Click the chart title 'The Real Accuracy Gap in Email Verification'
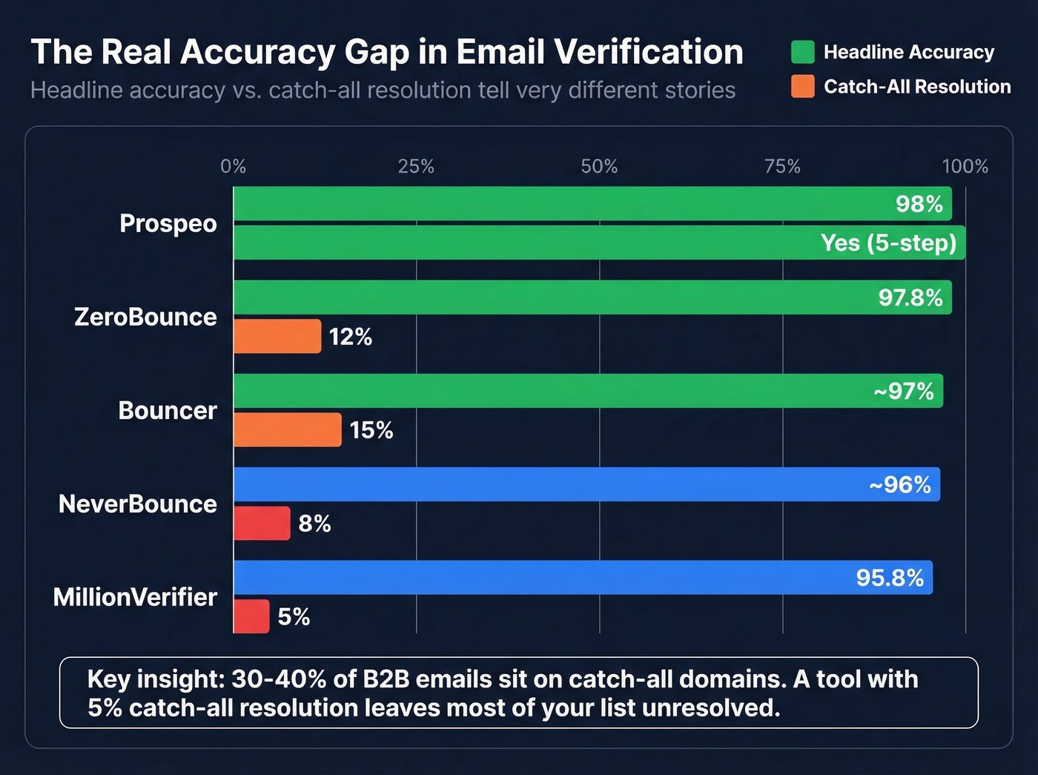click(386, 52)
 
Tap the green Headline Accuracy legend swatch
click(802, 52)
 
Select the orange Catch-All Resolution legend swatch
click(802, 87)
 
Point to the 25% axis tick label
click(416, 166)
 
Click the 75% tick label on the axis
click(782, 166)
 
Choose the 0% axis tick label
click(233, 166)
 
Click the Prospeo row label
click(168, 223)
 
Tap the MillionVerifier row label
click(135, 597)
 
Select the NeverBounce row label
click(138, 504)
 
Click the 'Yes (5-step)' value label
click(888, 243)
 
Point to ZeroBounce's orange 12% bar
click(277, 337)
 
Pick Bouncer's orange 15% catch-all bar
click(288, 430)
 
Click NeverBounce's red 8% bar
click(262, 524)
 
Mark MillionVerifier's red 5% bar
click(251, 616)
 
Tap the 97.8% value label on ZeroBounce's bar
click(910, 297)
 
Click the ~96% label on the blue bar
click(899, 484)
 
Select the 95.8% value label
click(890, 578)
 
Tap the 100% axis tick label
click(965, 166)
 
